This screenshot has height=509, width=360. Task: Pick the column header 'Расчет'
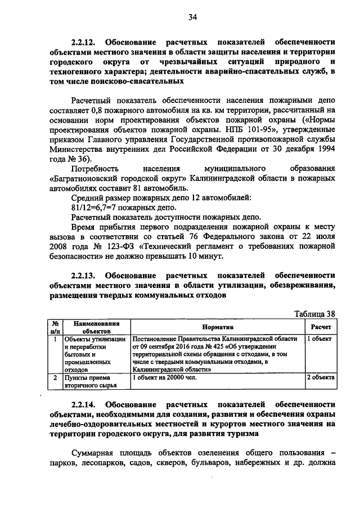[321, 327]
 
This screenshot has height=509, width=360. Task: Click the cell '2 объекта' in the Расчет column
[321, 378]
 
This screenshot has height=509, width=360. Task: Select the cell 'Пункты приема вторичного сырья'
[90, 382]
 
